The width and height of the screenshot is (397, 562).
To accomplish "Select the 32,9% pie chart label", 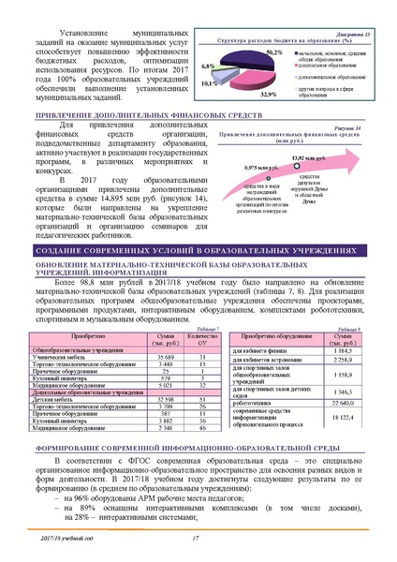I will click(267, 95).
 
